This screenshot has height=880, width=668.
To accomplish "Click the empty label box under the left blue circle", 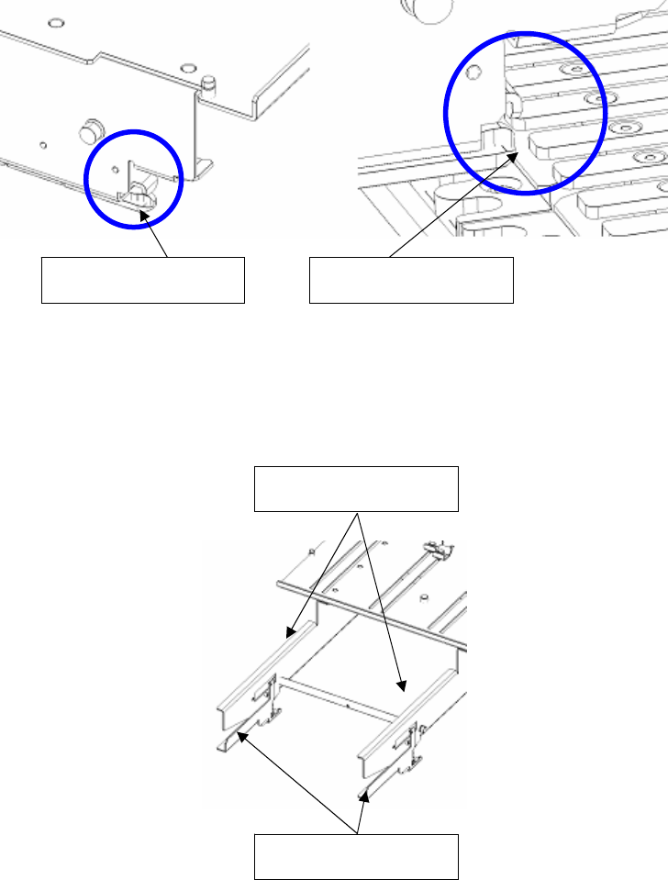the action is point(142,280).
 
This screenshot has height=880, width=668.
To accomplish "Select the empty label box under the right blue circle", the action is point(411,280).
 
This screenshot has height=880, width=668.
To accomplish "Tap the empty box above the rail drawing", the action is point(355,488).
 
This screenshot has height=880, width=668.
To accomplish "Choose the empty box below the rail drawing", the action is point(355,857).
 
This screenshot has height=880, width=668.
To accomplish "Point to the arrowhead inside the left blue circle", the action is point(142,212).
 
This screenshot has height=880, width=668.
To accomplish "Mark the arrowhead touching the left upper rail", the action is point(288,633).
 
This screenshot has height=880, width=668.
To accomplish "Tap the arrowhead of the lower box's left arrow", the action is point(239,730).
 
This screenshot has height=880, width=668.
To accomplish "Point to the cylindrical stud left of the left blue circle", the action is point(90,130).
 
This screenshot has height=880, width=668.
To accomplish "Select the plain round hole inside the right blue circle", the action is point(473,72).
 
